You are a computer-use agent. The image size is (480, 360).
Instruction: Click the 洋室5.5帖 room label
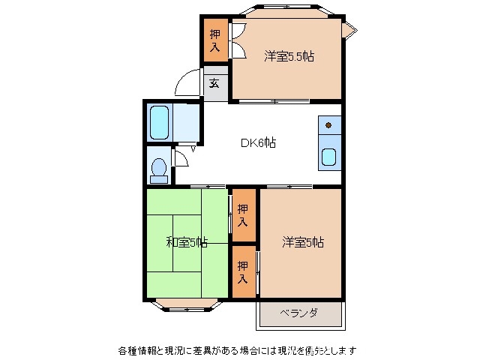[287, 57]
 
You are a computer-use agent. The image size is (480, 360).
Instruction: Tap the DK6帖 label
[257, 142]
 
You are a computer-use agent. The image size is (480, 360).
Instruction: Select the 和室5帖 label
[186, 242]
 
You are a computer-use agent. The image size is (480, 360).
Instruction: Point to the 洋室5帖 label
[302, 242]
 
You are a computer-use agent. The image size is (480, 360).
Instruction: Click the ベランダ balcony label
[298, 313]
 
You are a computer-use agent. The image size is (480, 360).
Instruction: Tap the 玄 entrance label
[214, 83]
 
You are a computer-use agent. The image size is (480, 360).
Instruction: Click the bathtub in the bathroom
[159, 122]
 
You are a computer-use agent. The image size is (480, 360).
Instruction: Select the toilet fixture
[158, 169]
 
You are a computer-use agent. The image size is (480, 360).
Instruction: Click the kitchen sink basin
[328, 157]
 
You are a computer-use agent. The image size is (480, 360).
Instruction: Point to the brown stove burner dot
[328, 125]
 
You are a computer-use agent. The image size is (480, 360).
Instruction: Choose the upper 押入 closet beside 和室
[242, 214]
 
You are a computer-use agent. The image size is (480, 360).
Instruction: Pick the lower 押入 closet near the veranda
[242, 271]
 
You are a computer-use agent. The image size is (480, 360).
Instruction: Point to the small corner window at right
[349, 29]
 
